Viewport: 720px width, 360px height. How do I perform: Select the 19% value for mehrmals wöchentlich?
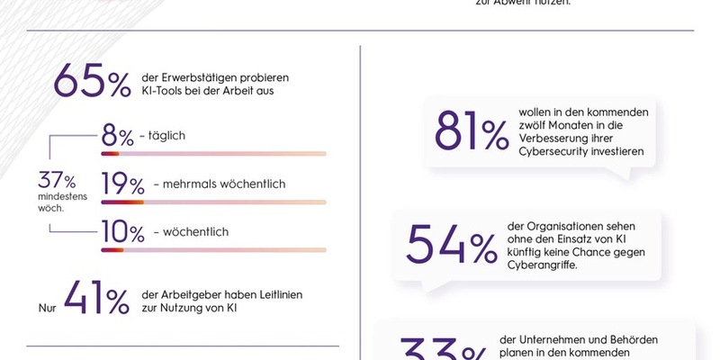[x=122, y=184]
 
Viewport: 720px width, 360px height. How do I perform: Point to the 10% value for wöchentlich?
[x=122, y=232]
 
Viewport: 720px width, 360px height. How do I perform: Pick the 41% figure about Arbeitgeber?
[x=95, y=301]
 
